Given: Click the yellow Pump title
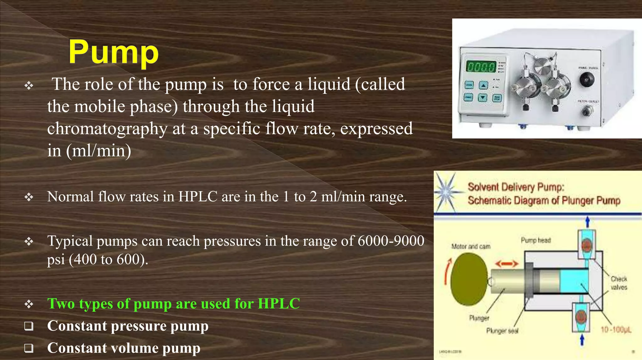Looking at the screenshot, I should pos(113,52).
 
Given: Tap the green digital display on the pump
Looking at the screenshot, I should pos(481,67).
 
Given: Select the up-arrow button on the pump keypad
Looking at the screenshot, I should pos(483,85).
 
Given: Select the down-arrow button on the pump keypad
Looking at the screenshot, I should pos(483,98).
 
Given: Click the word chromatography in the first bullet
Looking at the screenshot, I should pos(107,129).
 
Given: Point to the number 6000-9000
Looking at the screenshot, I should pos(391,241).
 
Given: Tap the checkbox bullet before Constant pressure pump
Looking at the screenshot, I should pos(29,326).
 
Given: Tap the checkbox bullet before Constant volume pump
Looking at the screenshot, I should pos(29,348).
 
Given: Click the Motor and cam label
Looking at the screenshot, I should pos(471,246).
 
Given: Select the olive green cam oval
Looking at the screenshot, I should pos(469,279).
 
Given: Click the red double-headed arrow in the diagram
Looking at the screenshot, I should pos(507,264).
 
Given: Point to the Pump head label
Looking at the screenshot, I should pos(535,241).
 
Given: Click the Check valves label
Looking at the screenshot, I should pos(618,283).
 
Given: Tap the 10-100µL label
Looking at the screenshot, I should pos(616,330).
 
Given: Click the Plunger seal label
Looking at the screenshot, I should pos(502,331).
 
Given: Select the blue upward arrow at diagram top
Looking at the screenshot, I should pos(587,222).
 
